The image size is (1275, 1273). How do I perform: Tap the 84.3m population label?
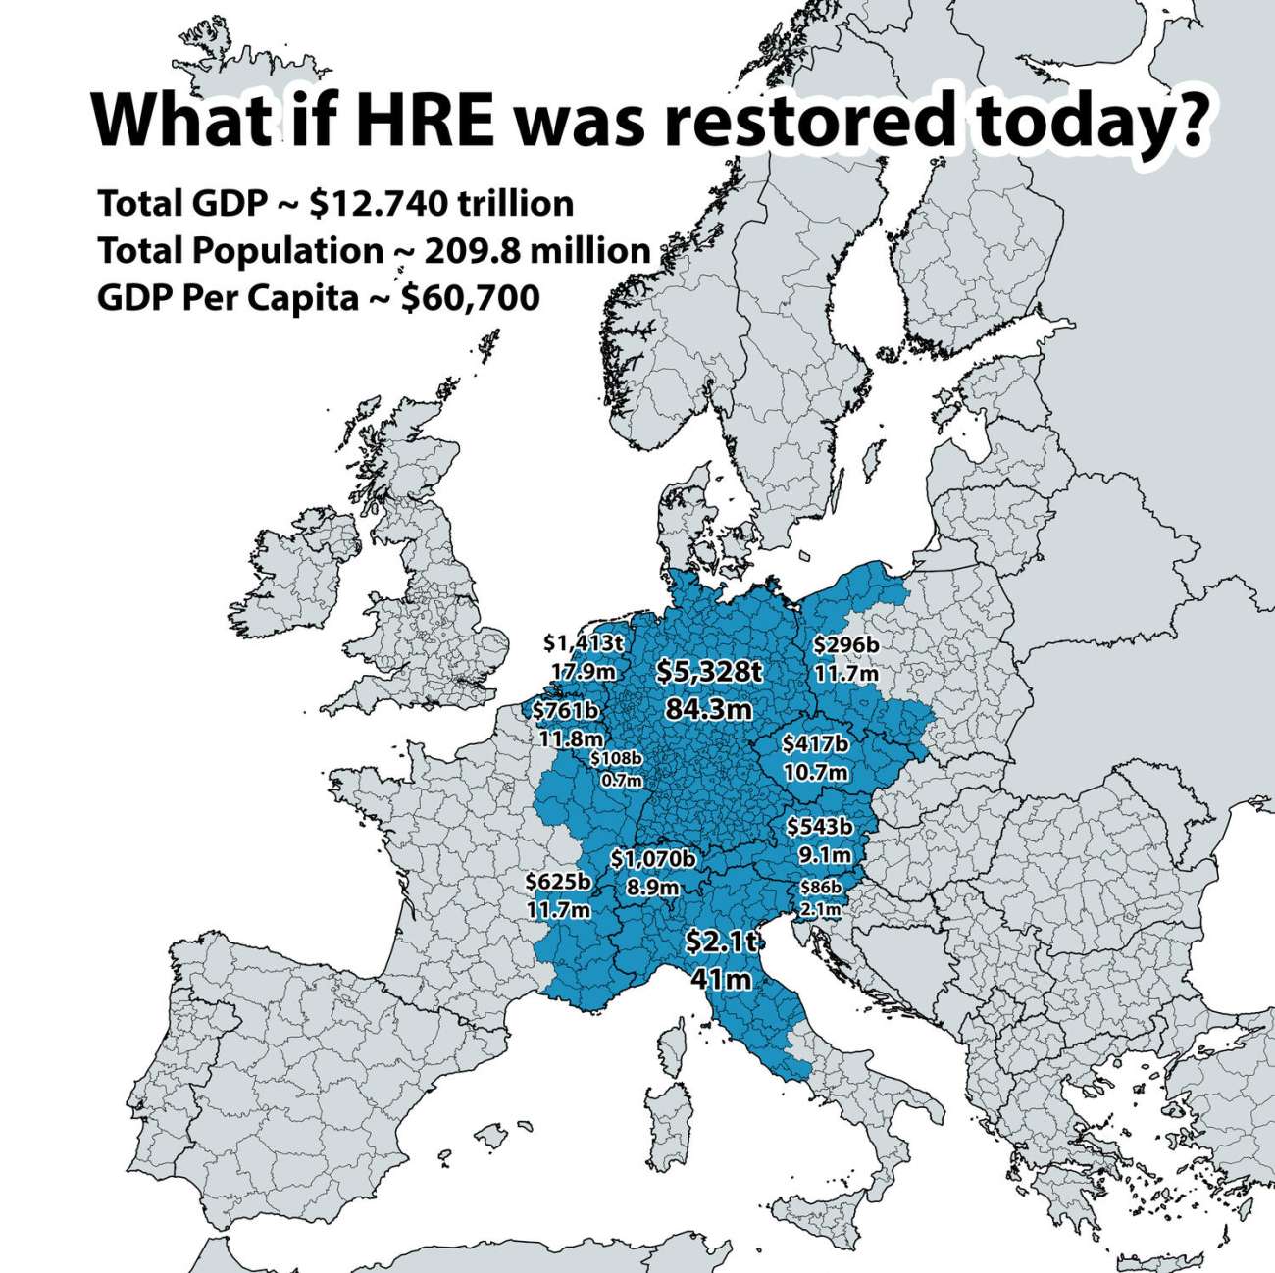coord(708,707)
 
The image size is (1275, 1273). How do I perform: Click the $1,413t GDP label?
coord(584,643)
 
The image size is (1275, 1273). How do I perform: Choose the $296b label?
coord(845,644)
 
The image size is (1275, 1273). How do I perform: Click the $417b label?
coord(815,744)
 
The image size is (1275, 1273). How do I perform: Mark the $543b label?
coord(819,827)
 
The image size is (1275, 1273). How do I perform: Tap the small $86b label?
coord(821,888)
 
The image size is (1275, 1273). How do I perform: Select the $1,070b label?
coord(653,860)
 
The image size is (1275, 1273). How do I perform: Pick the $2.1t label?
coord(721,942)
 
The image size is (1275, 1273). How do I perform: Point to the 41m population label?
coord(721,979)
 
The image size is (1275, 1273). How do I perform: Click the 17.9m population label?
coord(584,672)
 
